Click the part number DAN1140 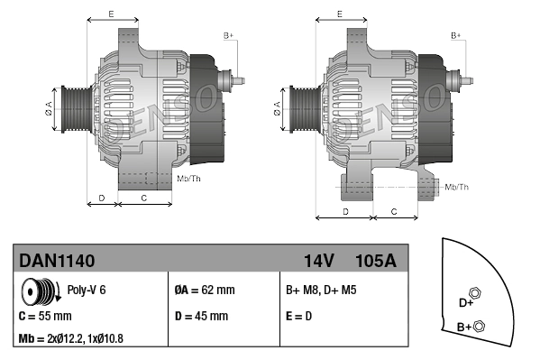point(57,261)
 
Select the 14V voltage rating point(318,261)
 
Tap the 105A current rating point(377,261)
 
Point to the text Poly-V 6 point(87,291)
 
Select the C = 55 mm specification point(45,317)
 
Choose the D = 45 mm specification point(200,317)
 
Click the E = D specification point(299,317)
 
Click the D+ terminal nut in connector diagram point(476,293)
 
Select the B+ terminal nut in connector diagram point(479,326)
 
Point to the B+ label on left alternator point(228,35)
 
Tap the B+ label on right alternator point(456,35)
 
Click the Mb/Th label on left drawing point(189,178)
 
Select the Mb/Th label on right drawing point(457,187)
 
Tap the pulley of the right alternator point(301,111)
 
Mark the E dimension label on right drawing point(339,14)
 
